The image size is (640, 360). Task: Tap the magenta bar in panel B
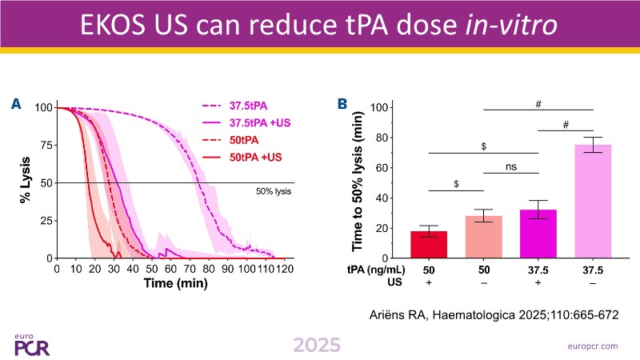(538, 234)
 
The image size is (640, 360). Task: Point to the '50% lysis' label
(273, 192)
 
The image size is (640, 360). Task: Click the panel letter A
(15, 104)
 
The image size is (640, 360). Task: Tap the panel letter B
(342, 104)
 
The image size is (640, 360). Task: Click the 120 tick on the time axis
(286, 270)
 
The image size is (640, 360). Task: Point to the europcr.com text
(590, 346)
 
